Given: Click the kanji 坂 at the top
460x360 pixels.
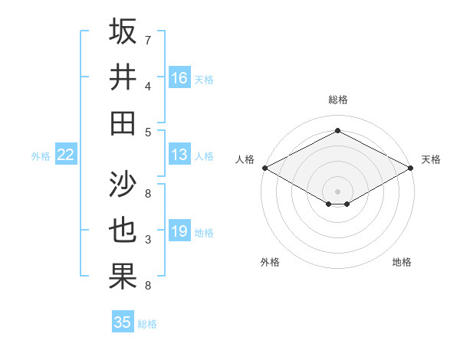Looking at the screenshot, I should click(x=123, y=32).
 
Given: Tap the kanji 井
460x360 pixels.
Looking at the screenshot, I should click(x=123, y=77).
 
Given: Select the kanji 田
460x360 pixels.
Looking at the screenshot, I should click(x=123, y=123).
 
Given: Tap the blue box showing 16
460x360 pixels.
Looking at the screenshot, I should click(x=179, y=77).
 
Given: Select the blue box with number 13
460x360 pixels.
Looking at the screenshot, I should click(x=179, y=155).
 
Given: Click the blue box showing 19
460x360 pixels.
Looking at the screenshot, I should click(x=179, y=231).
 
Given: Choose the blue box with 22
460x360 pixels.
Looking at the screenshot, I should click(x=66, y=155).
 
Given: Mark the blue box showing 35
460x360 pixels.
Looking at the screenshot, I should click(x=123, y=322).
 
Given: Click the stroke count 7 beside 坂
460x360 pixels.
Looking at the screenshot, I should click(x=148, y=39).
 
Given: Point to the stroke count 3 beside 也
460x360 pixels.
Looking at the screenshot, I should click(x=148, y=240).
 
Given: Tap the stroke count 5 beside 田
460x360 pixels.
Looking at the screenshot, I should click(x=148, y=132).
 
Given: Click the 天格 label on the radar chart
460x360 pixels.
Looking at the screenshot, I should click(x=431, y=159).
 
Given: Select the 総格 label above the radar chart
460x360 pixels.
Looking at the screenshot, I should click(x=337, y=100).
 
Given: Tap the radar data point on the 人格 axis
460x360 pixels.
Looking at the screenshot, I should click(x=264, y=168).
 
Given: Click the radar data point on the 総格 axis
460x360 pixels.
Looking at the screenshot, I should click(x=337, y=131).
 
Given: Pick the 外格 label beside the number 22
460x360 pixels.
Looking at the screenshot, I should click(x=41, y=156).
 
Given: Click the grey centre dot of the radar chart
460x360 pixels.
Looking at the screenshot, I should click(x=337, y=189).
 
